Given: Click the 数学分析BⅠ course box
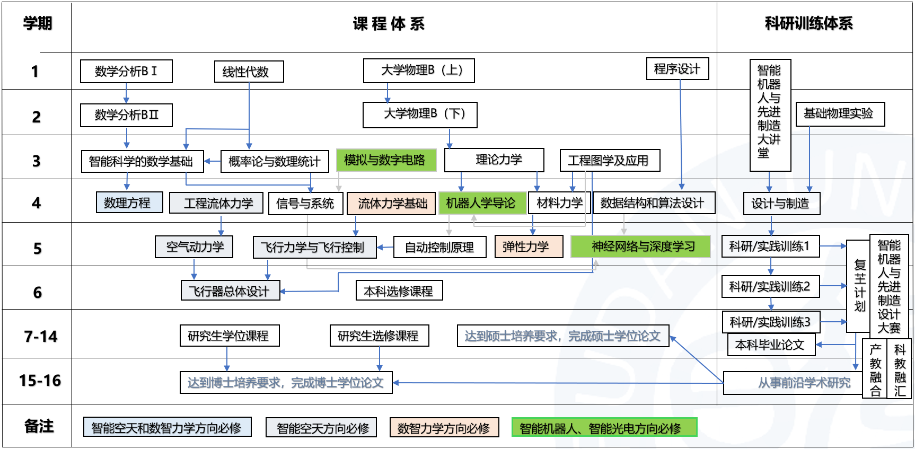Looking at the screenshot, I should tap(126, 71).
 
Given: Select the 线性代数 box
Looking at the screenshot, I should tap(249, 72).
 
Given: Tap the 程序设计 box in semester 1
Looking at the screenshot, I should tap(677, 69).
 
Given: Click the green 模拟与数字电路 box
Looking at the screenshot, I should tap(386, 160).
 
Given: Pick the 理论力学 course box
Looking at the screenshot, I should tap(494, 160).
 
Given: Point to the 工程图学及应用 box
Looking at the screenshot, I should tap(610, 161).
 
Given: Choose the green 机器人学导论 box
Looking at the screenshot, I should tap(481, 203).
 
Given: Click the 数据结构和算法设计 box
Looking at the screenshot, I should tap(653, 203).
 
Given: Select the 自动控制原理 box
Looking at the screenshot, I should tap(439, 248).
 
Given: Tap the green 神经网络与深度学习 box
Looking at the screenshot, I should tap(640, 246).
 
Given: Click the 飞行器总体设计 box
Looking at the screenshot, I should tap(230, 291).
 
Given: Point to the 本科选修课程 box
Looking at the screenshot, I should tap(399, 290).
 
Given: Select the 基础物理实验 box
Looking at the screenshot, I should tap(840, 114).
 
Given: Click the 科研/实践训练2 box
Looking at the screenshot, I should tap(770, 287).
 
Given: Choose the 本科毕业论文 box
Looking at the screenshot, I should tap(770, 345).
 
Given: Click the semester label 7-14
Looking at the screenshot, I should tap(41, 336).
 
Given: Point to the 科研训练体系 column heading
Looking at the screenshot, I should tap(809, 24).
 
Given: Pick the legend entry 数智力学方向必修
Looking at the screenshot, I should tap(444, 428).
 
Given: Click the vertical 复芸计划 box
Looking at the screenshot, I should tap(859, 286).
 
